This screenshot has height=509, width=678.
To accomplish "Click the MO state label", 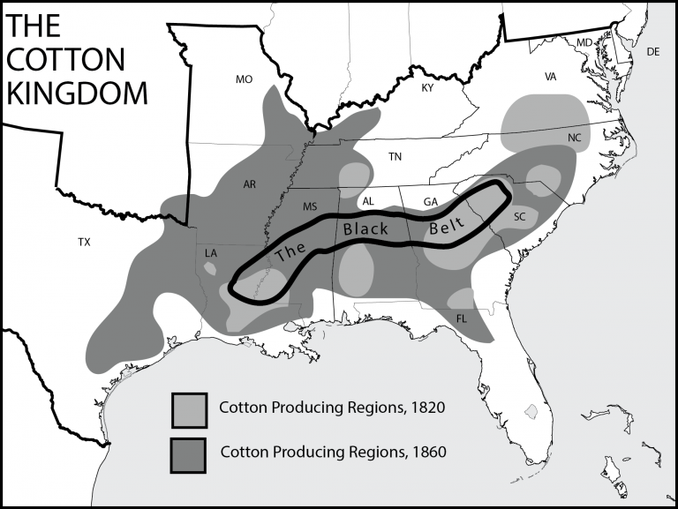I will tap(245, 79).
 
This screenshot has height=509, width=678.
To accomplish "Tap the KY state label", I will tap(428, 87).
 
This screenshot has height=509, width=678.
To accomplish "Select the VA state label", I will tap(551, 77).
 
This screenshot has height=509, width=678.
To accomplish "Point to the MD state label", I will tap(584, 42).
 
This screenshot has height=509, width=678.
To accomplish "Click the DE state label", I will tap(653, 52).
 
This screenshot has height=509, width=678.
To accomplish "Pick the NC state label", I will tap(575, 138).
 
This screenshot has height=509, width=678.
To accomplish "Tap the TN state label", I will tap(395, 156).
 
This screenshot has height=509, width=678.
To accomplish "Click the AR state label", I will tap(249, 184).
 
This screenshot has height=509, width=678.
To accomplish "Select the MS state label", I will tap(310, 206).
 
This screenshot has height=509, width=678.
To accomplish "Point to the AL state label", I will tap(369, 201).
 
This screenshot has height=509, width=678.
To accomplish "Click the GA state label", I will tap(430, 202).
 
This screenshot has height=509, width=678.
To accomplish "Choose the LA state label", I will tap(211, 253).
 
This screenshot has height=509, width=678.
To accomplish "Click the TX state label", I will tap(84, 241).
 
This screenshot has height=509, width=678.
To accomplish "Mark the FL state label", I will tap(462, 318).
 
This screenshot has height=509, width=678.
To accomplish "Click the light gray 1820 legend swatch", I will tap(190, 408).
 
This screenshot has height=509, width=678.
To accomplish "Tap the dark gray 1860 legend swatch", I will tap(190, 453).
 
